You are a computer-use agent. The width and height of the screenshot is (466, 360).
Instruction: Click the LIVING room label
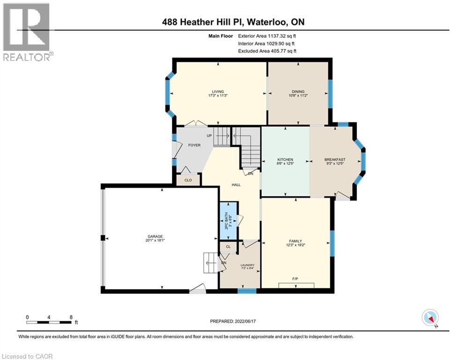pos(217,92)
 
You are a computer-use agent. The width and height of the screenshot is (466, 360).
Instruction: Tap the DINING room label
pos(296,92)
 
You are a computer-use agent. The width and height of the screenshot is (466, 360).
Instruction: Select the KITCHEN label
pos(285,160)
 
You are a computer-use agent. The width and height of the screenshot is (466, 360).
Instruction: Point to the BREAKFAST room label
pos(334,160)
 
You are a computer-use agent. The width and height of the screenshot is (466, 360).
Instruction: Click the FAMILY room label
pos(295,240)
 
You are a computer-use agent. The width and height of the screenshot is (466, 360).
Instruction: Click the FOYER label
pos(194,145)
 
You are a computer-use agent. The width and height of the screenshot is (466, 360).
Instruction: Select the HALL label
pos(236,185)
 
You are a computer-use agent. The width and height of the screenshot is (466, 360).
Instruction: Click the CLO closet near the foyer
pos(188,180)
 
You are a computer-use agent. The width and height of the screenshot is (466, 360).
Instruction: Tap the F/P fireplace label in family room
pos(296,279)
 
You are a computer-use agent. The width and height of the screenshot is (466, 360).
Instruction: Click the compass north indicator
pos(429,318)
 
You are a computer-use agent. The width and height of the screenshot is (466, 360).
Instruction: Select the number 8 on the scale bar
pos(71,317)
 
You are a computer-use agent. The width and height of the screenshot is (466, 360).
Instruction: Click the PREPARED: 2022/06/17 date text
pos(233,322)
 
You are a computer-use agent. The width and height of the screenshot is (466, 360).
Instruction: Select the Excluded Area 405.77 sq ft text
pos(267,51)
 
